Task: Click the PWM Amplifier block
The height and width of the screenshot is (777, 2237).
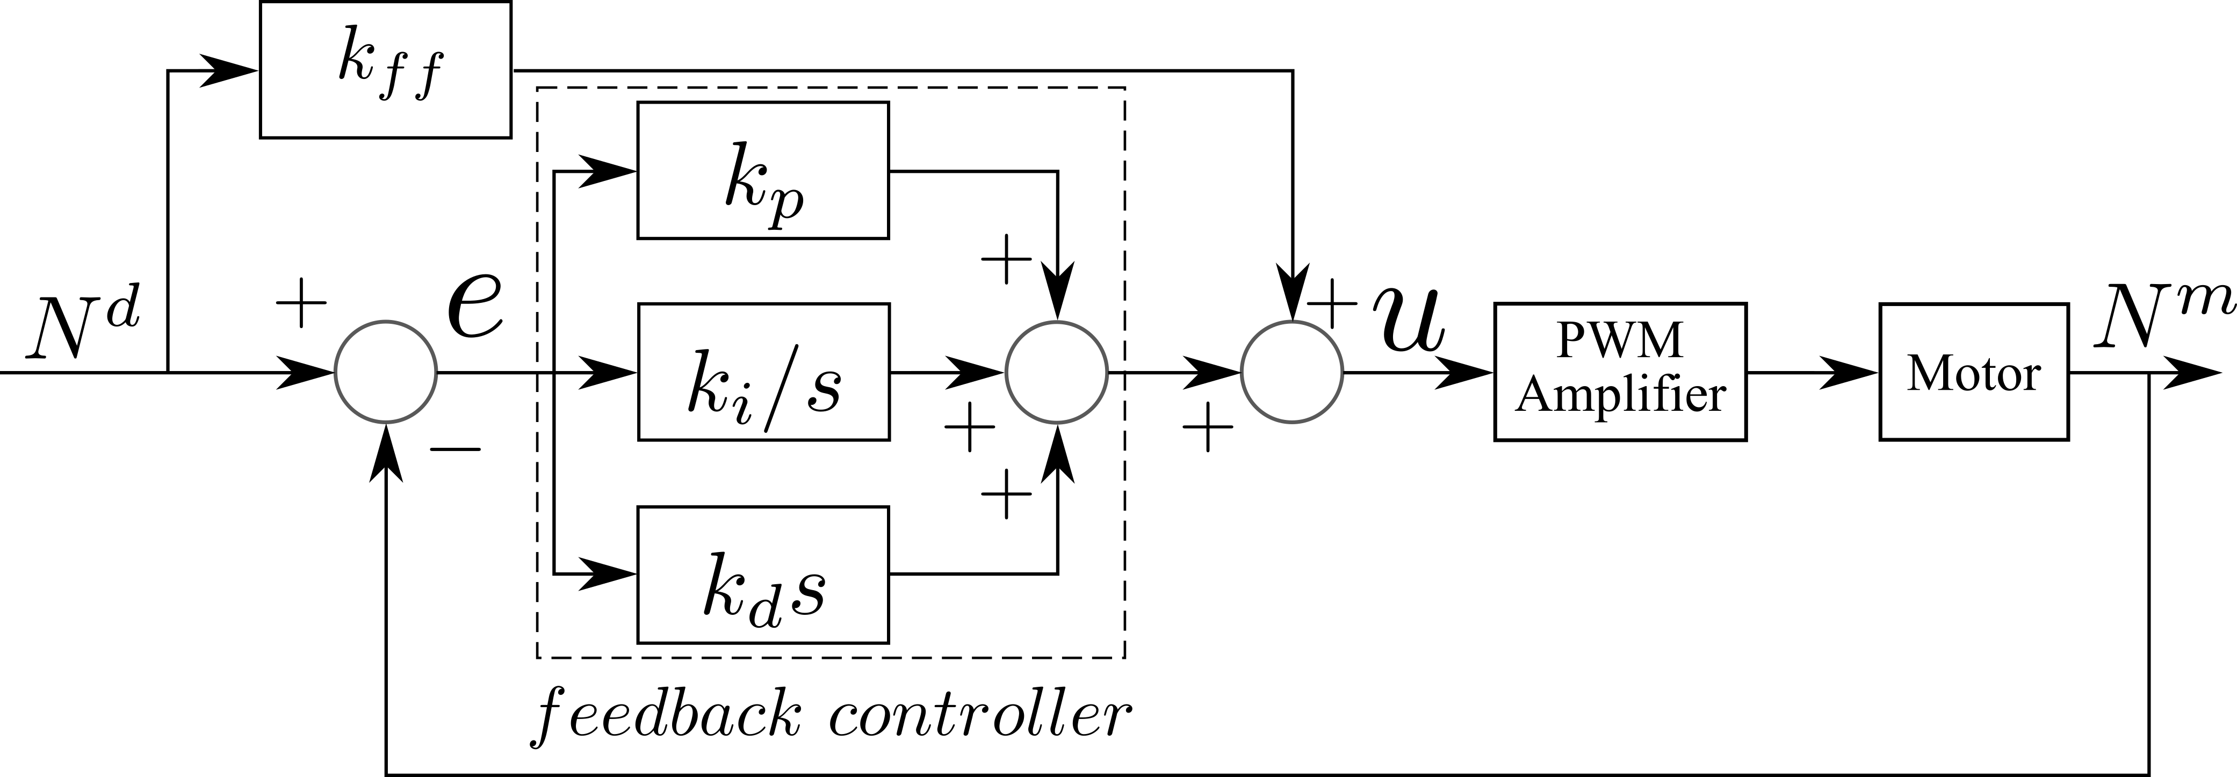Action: (1620, 373)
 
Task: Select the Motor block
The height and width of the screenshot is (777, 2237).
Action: (1973, 373)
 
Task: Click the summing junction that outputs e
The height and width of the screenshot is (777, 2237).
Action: (386, 373)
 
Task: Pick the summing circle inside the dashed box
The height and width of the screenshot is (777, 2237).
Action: (1056, 373)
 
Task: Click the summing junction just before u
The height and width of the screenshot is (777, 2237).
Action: (1292, 373)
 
